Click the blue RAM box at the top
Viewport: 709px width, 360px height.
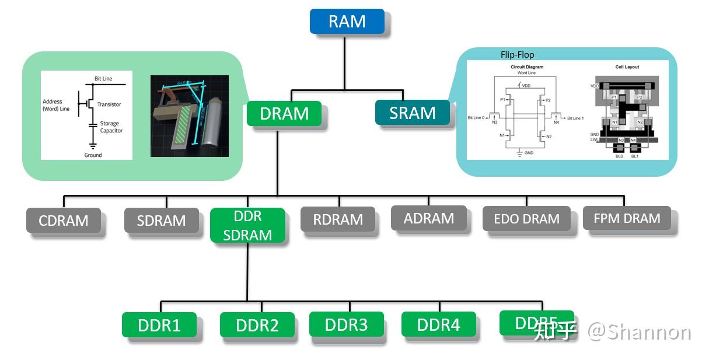coord(347,22)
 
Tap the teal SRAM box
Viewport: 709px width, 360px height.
coord(412,113)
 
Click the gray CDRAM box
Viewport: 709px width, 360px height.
coord(63,221)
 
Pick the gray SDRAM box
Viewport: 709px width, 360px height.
coord(161,221)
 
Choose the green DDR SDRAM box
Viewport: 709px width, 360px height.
coord(247,225)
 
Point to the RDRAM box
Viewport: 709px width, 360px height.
coord(338,219)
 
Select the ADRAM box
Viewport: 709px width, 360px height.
coord(428,218)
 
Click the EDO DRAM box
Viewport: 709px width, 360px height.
coord(526,219)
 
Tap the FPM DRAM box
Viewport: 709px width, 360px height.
coord(627,218)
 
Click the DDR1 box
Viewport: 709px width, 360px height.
coord(159,325)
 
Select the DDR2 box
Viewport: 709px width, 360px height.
coord(257,325)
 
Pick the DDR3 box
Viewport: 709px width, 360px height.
coord(346,324)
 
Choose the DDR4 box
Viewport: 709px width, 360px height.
coord(438,324)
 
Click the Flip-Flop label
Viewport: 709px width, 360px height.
coord(517,55)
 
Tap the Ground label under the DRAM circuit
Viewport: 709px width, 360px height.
coord(93,155)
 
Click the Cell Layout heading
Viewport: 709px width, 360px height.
coord(627,67)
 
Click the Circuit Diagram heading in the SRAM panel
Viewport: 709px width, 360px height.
coord(526,67)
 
